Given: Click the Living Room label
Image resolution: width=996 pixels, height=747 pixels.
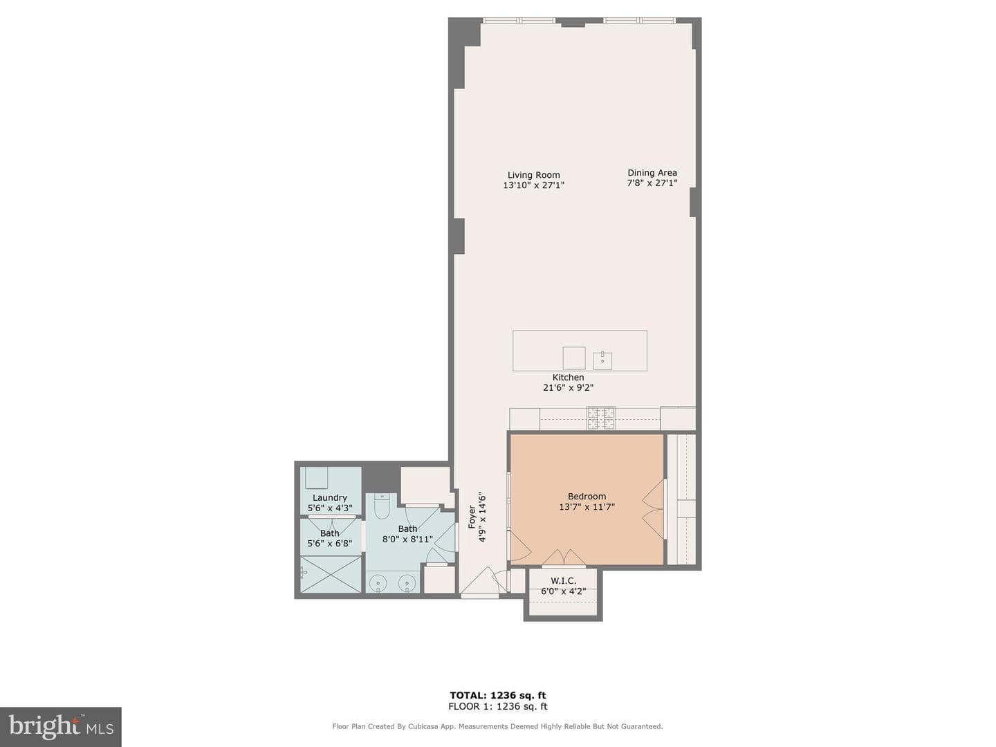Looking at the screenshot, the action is [533, 175].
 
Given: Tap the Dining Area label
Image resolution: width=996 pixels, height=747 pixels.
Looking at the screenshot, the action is [652, 173].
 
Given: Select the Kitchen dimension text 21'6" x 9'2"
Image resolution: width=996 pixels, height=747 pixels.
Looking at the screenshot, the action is [568, 387].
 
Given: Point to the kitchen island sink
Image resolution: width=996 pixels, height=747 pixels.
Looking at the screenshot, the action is [602, 360].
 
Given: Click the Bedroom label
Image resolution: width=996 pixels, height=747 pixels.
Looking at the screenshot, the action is [587, 496].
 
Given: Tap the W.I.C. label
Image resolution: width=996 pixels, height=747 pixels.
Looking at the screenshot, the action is [563, 580].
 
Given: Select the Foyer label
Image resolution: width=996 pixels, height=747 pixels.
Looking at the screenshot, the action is [472, 517].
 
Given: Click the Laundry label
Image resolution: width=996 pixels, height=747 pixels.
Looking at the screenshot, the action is [329, 497].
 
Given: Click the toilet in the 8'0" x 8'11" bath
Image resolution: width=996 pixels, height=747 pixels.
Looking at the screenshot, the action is [381, 506].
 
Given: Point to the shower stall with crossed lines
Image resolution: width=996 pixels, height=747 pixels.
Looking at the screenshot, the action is [331, 574].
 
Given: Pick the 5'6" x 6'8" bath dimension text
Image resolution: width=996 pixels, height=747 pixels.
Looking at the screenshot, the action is [329, 544].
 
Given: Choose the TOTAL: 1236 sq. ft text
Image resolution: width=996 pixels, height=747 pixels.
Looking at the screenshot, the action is [498, 695].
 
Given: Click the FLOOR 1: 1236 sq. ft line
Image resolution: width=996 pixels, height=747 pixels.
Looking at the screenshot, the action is [498, 706].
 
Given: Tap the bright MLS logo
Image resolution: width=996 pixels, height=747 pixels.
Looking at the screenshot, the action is [61, 726].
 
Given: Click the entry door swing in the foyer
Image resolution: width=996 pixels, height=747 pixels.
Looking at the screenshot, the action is [480, 580].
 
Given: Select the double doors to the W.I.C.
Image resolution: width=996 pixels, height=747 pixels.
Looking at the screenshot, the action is [564, 557].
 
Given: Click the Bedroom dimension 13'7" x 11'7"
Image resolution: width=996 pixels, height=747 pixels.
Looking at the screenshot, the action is [587, 506].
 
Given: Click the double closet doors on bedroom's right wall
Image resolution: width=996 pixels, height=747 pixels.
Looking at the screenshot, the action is [654, 509].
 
